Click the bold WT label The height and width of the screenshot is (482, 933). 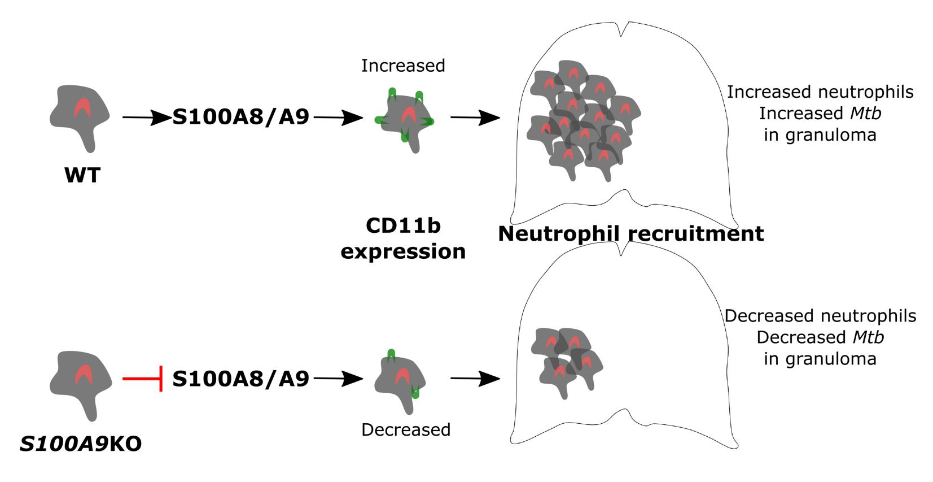point(82,175)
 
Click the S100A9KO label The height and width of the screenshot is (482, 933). point(81,444)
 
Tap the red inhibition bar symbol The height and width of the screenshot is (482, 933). point(143,378)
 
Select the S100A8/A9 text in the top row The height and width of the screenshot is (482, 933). point(240,117)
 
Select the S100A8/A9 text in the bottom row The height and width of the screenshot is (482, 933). point(240,378)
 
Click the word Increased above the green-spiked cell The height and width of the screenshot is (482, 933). point(403,66)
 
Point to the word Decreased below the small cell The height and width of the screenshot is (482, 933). point(406,430)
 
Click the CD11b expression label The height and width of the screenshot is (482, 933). point(403,238)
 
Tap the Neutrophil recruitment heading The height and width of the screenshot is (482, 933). point(630,233)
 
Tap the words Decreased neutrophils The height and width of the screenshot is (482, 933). point(820,316)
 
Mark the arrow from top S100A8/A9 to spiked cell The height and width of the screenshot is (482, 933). point(338,118)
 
